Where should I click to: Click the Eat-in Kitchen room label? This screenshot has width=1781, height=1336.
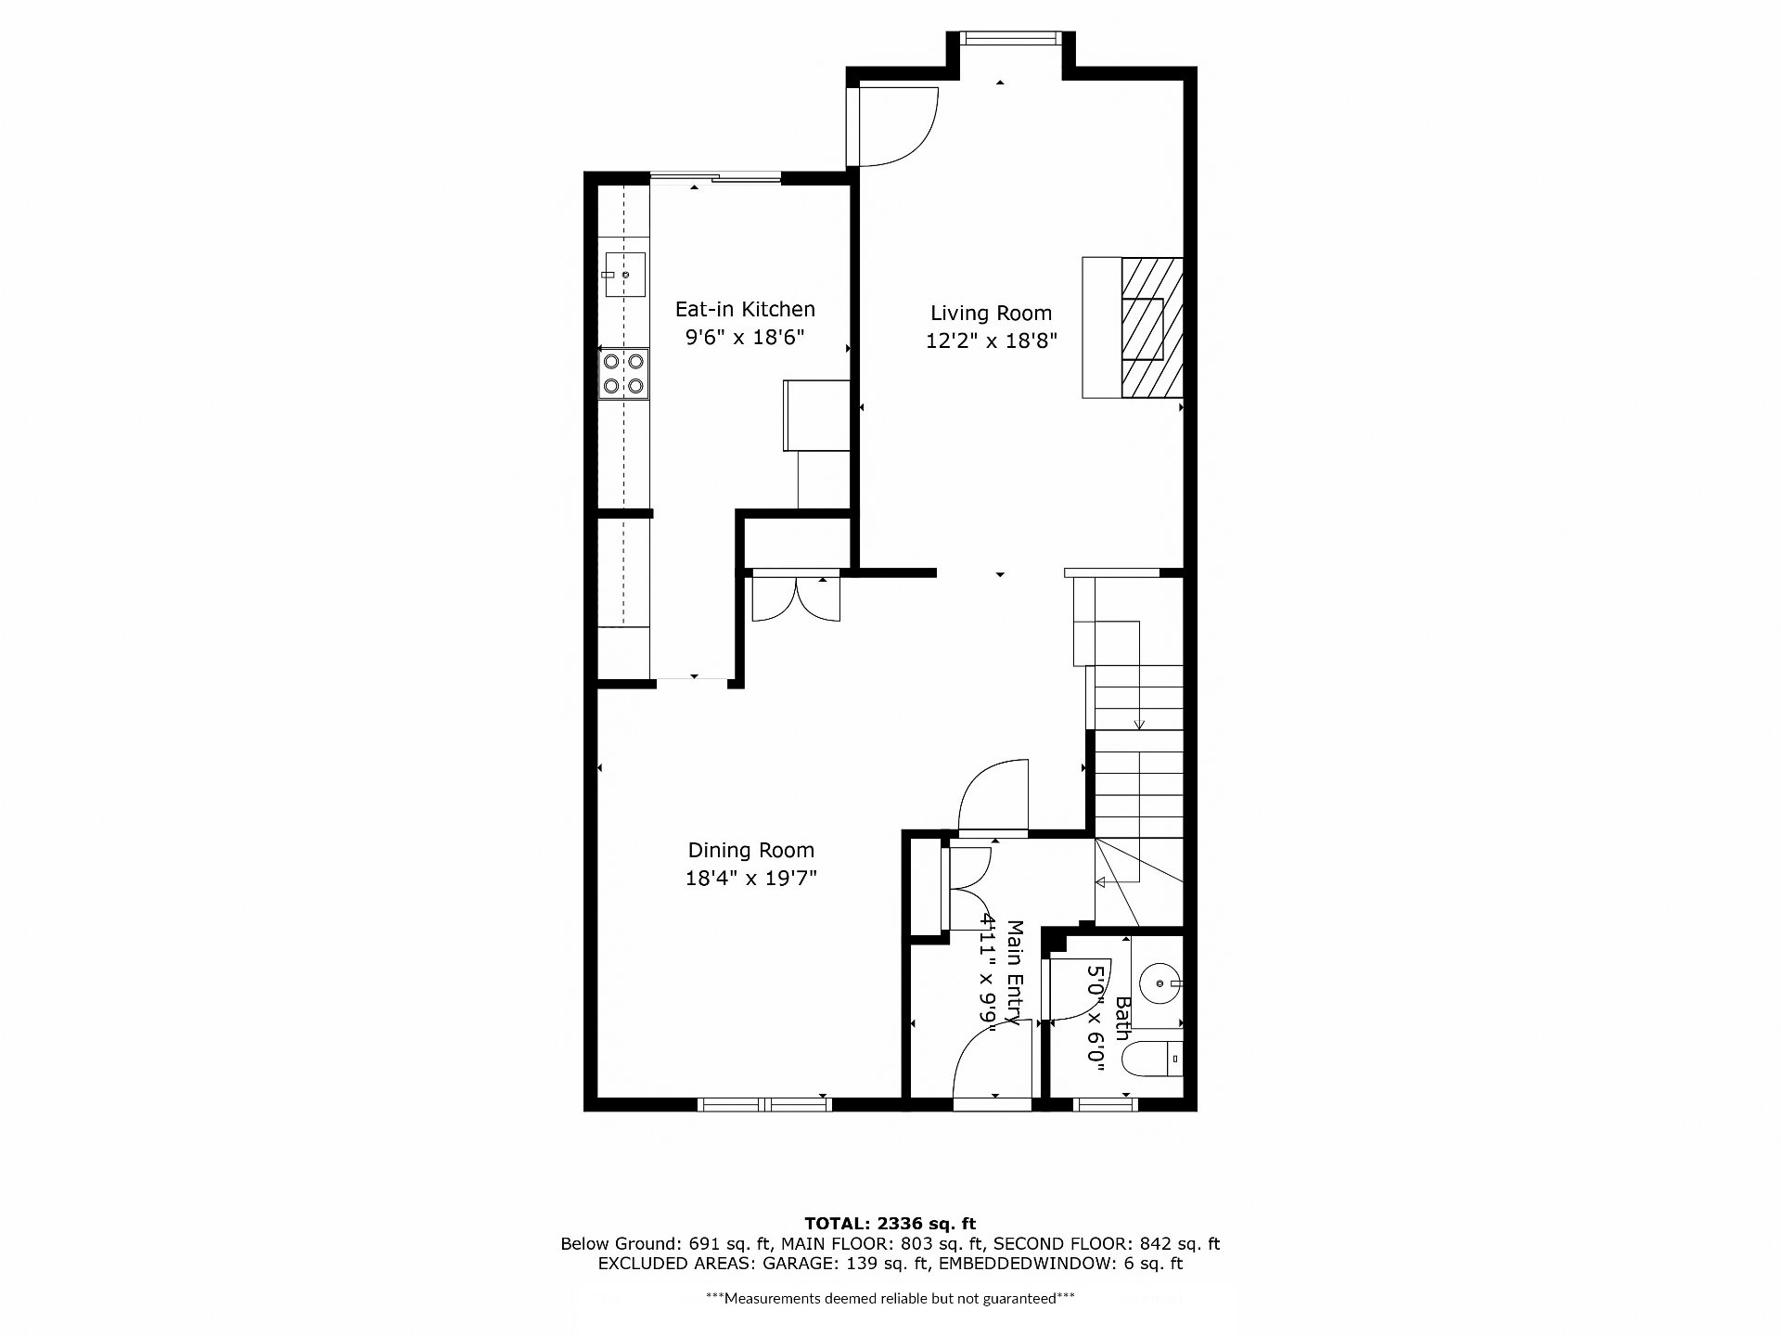click(745, 309)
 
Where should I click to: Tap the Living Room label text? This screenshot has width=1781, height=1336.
click(992, 314)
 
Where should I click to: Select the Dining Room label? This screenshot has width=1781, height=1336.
click(751, 851)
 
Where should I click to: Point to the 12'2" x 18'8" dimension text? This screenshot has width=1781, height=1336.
click(992, 340)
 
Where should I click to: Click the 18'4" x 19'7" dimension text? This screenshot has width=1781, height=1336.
click(751, 878)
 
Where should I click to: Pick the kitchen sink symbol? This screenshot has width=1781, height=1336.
click(625, 275)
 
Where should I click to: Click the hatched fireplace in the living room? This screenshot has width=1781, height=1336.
click(1152, 328)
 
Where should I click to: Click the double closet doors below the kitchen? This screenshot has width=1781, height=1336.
click(795, 597)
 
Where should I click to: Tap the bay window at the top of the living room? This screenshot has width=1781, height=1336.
click(1009, 38)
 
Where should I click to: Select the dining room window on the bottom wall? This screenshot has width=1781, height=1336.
click(764, 1104)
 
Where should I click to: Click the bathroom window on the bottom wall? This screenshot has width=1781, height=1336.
click(1106, 1104)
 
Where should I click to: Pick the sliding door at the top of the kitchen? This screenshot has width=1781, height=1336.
click(714, 178)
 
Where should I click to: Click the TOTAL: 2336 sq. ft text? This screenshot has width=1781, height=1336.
click(890, 1224)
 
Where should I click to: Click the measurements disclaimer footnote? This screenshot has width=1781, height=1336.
click(890, 1299)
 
